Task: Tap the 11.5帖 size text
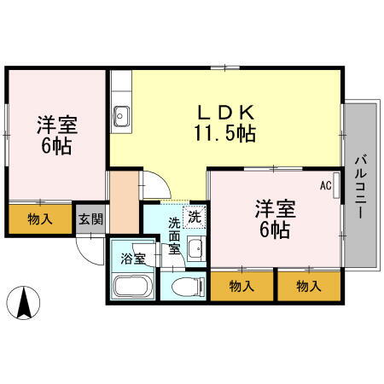point(224,133)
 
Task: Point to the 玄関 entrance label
point(91,218)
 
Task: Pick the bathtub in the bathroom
point(131,285)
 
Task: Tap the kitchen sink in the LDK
point(120,113)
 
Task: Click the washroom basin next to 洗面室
point(195,250)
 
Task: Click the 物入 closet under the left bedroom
point(40,218)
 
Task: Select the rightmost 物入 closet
point(308,287)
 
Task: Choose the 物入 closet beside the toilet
point(242,287)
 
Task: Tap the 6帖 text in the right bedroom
point(275,230)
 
